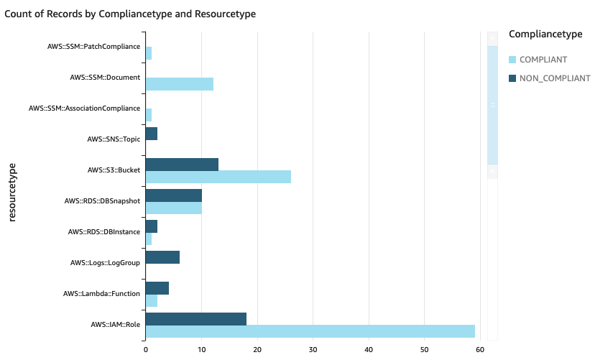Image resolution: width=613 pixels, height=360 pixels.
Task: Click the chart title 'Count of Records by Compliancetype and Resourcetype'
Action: click(130, 14)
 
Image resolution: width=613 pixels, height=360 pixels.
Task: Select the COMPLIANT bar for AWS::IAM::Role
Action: click(310, 331)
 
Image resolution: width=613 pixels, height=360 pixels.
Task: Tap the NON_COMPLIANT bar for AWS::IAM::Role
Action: click(195, 319)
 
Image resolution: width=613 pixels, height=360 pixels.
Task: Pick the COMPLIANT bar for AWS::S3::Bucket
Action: click(218, 177)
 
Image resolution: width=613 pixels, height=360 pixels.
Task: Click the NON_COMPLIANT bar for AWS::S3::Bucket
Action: click(182, 165)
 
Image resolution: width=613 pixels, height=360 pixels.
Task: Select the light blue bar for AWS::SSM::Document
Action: click(179, 84)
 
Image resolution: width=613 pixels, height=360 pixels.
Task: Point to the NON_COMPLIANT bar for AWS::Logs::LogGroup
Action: click(162, 257)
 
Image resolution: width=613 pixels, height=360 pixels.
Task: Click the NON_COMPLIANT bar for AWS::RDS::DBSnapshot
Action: click(173, 195)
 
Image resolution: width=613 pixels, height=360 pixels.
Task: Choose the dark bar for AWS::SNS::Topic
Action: click(151, 134)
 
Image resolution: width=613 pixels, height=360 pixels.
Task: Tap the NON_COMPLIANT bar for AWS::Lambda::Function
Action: click(157, 288)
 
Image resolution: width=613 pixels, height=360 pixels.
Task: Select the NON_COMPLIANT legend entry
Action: click(549, 78)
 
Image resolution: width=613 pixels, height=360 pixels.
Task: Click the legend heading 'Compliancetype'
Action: click(545, 34)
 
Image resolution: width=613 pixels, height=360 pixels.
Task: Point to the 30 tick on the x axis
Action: click(313, 350)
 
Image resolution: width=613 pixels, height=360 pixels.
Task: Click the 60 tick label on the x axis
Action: click(480, 350)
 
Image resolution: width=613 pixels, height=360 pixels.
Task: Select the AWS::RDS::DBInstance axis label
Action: click(103, 232)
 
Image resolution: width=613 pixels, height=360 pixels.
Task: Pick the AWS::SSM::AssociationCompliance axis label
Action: click(84, 109)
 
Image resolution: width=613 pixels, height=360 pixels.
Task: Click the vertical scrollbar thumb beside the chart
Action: click(492, 105)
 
